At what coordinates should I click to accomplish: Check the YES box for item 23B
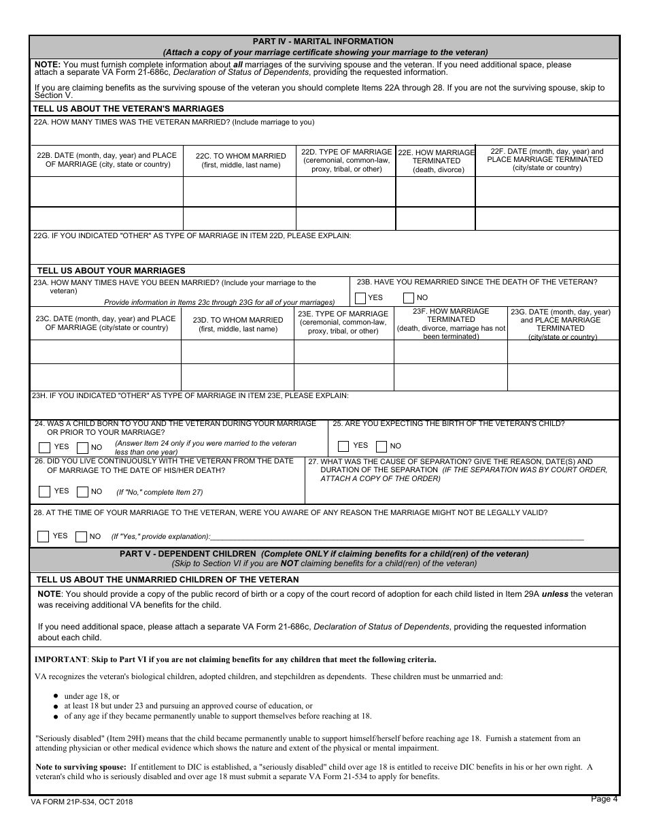(360, 298)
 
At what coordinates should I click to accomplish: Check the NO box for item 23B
(409, 298)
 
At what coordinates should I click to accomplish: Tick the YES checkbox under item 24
(45, 448)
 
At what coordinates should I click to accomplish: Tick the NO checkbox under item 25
(381, 446)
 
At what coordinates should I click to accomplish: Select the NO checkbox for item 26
(82, 491)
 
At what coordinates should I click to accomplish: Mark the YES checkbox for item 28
(44, 536)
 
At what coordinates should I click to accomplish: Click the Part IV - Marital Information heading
(323, 42)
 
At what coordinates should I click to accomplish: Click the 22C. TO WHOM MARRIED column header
(239, 160)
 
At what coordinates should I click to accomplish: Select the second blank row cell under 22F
(547, 218)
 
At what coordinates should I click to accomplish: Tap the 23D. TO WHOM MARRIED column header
(237, 324)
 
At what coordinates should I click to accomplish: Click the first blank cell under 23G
(563, 352)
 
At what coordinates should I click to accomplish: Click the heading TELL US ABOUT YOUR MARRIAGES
(111, 270)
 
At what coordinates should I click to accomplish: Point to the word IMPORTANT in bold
(61, 659)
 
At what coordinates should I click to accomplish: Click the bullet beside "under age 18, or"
(56, 696)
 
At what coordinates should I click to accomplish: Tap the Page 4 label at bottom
(605, 800)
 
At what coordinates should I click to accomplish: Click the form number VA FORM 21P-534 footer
(82, 802)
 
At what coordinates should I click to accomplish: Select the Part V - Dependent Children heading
(324, 554)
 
